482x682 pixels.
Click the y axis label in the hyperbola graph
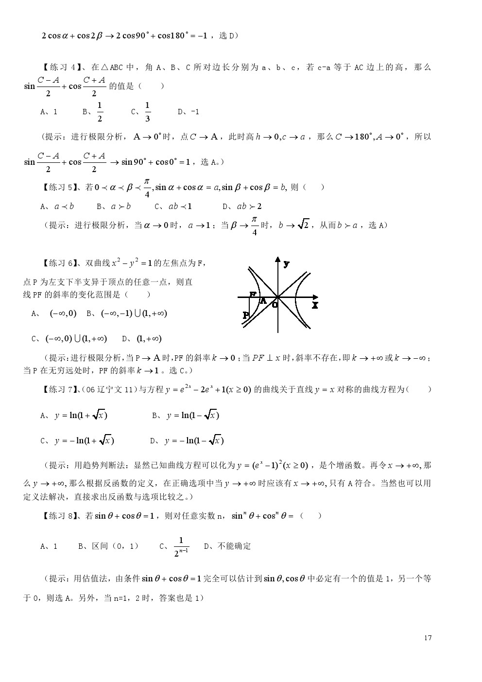pos(287,264)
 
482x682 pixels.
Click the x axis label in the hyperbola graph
pos(315,305)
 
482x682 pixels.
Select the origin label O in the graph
pos(275,305)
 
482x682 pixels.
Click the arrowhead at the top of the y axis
pos(278,260)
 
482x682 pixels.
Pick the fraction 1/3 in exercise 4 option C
pos(148,112)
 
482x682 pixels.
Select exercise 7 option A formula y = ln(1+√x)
pos(81,416)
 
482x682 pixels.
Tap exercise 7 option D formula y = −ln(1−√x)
pos(194,441)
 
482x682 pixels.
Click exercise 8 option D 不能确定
pos(234,546)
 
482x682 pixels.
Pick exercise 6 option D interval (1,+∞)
pos(149,339)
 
